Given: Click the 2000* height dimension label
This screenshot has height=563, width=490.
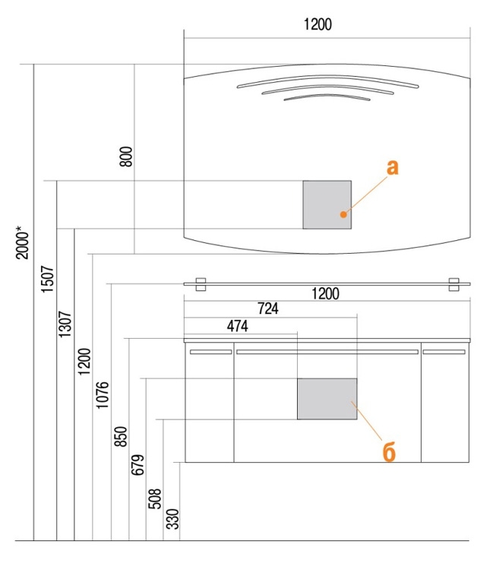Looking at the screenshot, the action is point(23,242).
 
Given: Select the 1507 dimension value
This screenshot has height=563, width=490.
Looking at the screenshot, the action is point(47,279).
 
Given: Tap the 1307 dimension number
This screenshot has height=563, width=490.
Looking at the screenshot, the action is point(65,324).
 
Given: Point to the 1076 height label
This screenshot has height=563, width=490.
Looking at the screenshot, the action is point(102,395).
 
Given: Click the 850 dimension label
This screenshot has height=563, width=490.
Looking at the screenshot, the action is point(121,437).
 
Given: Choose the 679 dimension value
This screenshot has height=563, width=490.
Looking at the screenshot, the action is point(138,465).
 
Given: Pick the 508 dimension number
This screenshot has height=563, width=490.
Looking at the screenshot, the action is point(155,498).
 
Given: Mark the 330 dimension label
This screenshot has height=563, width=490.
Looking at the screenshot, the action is point(172,519).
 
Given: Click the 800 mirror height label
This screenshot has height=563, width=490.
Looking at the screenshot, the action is point(126,157).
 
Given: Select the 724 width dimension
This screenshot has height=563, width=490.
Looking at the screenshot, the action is point(268,308).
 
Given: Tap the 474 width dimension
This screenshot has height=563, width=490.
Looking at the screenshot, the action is point(237,326).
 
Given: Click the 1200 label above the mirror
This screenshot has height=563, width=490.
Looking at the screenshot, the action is point(318,24).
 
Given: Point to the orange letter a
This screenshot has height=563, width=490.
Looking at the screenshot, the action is point(392,168).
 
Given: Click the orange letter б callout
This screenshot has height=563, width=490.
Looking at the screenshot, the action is point(389,452).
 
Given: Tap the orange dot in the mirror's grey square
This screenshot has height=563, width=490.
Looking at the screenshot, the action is point(343,214).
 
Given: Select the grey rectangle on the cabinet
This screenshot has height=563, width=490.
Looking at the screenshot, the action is point(327,399).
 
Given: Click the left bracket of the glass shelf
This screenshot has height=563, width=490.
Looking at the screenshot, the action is point(201,284).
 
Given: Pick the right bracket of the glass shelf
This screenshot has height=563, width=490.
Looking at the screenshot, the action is point(454,284).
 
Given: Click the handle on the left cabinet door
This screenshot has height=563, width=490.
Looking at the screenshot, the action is point(210,352).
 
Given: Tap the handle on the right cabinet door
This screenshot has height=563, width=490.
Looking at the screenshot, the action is point(444,352).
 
